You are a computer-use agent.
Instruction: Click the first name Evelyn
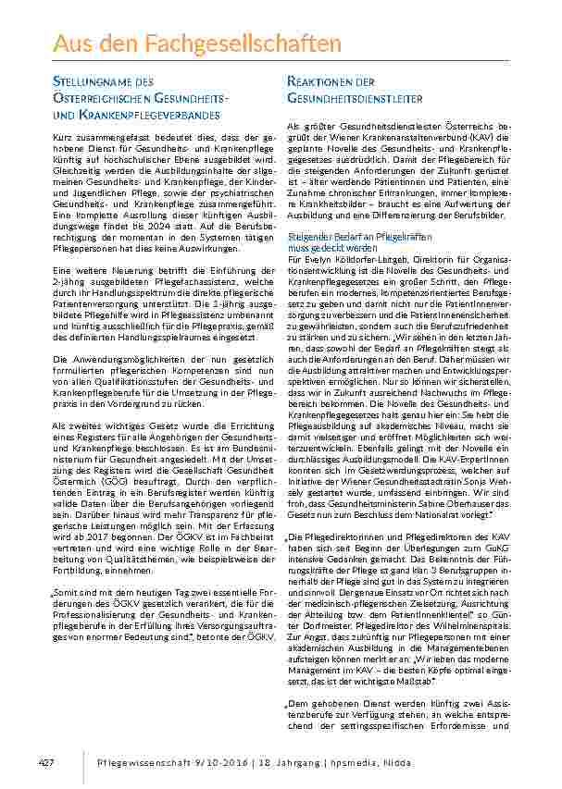(x=318, y=263)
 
